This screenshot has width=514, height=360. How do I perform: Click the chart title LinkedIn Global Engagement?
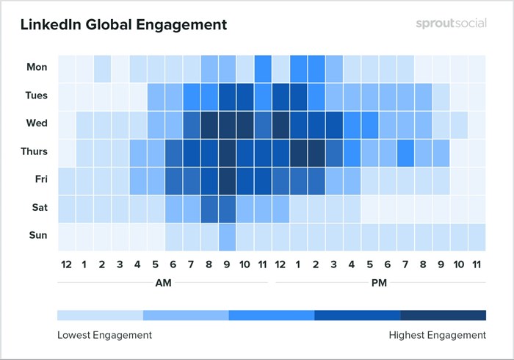pyautogui.click(x=123, y=25)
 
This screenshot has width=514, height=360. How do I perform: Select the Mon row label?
pyautogui.click(x=37, y=68)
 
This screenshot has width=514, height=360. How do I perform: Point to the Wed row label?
pyautogui.click(x=37, y=123)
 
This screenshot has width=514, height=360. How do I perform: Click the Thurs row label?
pyautogui.click(x=33, y=152)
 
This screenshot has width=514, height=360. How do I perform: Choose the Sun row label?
pyautogui.click(x=37, y=236)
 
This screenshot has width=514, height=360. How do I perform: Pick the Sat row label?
pyautogui.click(x=38, y=208)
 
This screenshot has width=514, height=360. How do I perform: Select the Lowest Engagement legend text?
pyautogui.click(x=104, y=335)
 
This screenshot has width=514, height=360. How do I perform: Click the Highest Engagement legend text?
pyautogui.click(x=437, y=335)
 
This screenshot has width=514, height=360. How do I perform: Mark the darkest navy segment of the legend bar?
pyautogui.click(x=443, y=315)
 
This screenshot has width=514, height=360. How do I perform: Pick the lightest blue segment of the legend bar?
pyautogui.click(x=100, y=315)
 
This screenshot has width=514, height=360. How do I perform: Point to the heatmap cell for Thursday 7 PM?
pyautogui.click(x=405, y=152)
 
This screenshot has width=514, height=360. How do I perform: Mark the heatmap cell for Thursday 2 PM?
pyautogui.click(x=316, y=152)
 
